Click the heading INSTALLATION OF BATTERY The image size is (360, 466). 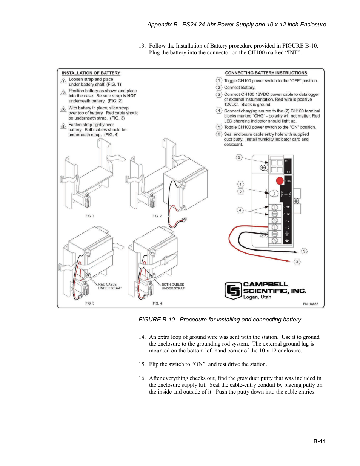(91, 73)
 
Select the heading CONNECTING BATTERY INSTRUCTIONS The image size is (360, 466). (266, 73)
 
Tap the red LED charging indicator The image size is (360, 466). (280, 181)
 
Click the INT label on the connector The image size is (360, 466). (288, 161)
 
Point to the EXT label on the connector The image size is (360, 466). (288, 172)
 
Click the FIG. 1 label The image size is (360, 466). (90, 216)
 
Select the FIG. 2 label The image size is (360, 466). (157, 216)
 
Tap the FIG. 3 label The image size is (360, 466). (90, 303)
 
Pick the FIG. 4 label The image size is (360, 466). (157, 303)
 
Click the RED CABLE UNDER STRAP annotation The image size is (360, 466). (110, 286)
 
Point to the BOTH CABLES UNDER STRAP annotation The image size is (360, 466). (173, 286)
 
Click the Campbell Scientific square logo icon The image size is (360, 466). (233, 291)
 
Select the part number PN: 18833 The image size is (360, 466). (311, 304)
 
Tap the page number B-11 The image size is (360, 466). (319, 441)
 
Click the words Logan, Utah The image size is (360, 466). (257, 297)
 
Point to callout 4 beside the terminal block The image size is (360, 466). (240, 210)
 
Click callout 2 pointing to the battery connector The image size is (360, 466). (239, 157)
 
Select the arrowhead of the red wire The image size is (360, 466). (288, 261)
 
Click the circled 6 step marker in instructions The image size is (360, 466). (219, 134)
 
